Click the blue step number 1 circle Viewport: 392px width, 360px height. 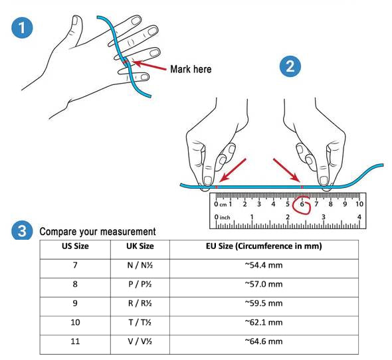[22, 27]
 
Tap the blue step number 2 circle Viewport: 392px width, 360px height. [290, 66]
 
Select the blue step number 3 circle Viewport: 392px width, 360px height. [22, 230]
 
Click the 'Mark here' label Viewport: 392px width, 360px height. [191, 69]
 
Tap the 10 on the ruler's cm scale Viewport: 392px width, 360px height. [359, 205]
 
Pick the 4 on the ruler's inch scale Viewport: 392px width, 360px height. [359, 217]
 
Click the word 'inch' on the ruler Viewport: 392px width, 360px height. [225, 217]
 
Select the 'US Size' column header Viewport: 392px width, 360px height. [75, 246]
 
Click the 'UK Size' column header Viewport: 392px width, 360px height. [140, 246]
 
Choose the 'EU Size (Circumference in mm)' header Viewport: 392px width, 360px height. [264, 246]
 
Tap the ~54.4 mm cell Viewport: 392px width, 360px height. [264, 265]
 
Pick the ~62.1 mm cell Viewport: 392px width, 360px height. [264, 322]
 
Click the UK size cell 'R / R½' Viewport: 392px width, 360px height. [140, 304]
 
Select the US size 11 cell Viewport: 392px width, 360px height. [75, 341]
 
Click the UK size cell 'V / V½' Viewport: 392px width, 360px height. [140, 341]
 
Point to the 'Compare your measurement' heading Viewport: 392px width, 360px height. [98, 232]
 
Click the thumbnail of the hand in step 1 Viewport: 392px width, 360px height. [85, 65]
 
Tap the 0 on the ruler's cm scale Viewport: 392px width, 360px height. [216, 205]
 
